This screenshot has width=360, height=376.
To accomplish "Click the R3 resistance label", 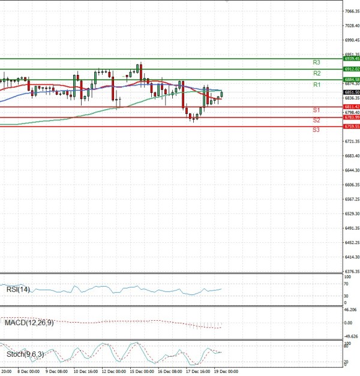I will point(316,62).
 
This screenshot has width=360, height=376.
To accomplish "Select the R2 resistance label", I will point(316,73).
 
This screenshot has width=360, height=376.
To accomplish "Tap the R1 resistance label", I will point(316,85).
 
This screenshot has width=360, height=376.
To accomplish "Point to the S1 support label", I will point(316,110).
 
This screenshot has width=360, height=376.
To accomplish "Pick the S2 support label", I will point(316,121).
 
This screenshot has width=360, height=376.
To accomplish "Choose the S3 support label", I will point(316,130).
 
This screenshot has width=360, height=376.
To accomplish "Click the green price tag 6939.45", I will point(351,59).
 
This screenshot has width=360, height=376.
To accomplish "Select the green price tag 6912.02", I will point(351,69).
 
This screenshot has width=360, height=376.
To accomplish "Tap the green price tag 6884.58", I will point(351,79).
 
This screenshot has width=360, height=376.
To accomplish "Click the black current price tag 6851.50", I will point(351,92).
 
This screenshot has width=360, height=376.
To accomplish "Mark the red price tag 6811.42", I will point(351,107).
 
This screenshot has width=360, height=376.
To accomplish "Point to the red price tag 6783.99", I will point(351,117).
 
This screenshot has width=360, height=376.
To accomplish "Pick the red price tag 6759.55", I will point(351,127).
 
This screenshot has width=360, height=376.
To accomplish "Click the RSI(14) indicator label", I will point(17,290).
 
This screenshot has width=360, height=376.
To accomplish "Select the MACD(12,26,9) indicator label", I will point(28,323).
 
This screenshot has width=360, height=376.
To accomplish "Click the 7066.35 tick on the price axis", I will point(352,11).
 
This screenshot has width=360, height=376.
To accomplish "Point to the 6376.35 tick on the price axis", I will point(352,272).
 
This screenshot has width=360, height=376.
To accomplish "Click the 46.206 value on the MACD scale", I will point(351,309).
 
